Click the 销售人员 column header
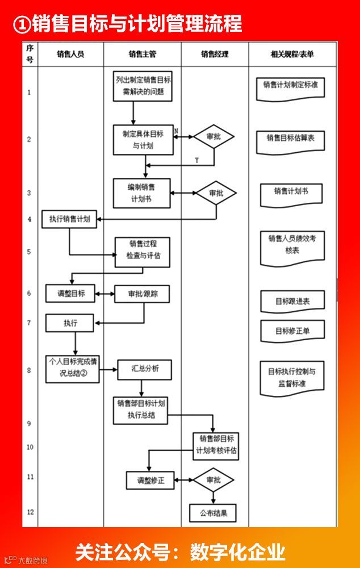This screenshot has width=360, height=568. [70, 55]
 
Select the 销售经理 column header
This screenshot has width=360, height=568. [215, 55]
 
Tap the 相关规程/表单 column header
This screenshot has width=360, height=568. [292, 55]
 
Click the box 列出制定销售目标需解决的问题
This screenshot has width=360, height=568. [143, 86]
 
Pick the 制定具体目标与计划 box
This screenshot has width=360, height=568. [143, 140]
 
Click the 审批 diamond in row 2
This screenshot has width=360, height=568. [214, 137]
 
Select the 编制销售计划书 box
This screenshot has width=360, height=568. [142, 193]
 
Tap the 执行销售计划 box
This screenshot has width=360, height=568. [69, 219]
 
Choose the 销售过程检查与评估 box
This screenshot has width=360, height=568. [143, 251]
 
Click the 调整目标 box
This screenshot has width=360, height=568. [70, 294]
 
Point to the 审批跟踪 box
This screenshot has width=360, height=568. [142, 294]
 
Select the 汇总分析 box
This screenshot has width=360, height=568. [144, 369]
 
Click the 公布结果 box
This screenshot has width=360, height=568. [212, 513]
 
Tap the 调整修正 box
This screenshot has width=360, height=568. [150, 481]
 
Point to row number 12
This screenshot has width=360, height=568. [30, 512]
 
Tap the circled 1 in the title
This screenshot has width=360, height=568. [22, 23]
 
